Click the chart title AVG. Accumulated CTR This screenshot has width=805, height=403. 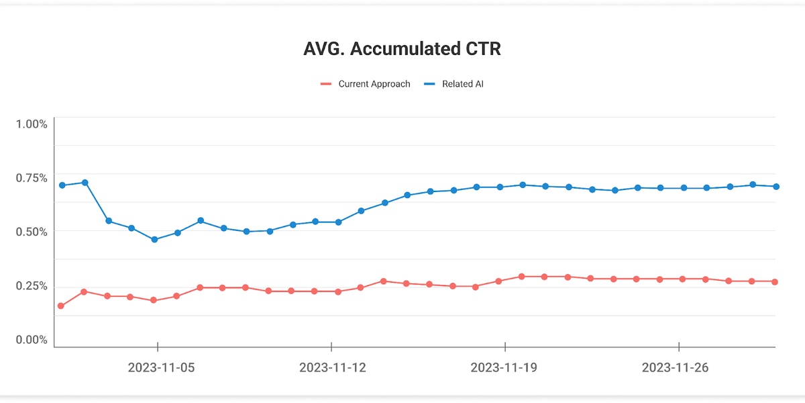[402, 50]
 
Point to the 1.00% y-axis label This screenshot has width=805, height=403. [32, 124]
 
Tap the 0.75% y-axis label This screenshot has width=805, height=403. [32, 178]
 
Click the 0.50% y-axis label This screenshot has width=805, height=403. [32, 232]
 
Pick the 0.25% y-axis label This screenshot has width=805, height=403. [32, 286]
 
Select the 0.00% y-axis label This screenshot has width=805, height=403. [32, 340]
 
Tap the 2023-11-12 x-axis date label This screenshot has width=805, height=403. [331, 368]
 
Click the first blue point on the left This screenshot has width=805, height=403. [62, 185]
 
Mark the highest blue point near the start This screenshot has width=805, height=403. [85, 183]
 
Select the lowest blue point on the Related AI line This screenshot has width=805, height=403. [154, 240]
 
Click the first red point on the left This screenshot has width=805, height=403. [61, 306]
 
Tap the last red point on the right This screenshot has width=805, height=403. [775, 282]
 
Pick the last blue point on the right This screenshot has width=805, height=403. [775, 187]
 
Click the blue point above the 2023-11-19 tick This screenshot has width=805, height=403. [500, 187]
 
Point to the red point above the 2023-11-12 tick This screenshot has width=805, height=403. [337, 292]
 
